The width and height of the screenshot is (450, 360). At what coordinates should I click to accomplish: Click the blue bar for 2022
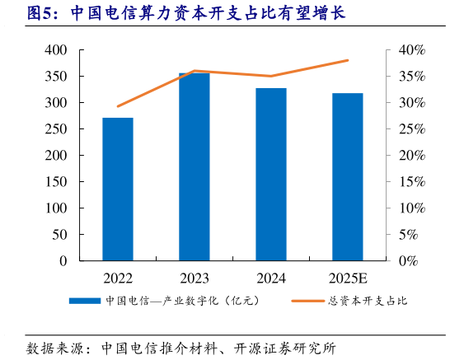pos(118,189)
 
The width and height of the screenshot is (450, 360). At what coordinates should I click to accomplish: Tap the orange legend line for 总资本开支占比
pos(308,301)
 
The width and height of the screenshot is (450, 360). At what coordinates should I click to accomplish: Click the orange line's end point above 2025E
pos(348,60)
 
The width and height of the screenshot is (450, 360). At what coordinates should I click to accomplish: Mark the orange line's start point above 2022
pos(118,106)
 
